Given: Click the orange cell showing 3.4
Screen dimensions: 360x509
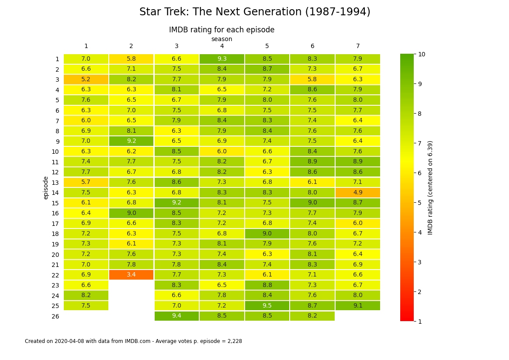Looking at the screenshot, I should click(x=131, y=275).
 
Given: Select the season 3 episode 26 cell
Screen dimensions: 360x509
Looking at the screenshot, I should click(x=177, y=316).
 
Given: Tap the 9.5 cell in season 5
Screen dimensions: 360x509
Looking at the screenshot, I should click(x=267, y=306).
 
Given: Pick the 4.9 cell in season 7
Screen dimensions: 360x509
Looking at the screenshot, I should click(x=358, y=193).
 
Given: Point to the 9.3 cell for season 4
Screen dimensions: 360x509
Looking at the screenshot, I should click(x=222, y=59).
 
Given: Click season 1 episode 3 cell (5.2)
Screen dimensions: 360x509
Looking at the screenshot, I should click(x=86, y=80).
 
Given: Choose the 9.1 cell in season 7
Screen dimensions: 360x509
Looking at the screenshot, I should click(x=358, y=306).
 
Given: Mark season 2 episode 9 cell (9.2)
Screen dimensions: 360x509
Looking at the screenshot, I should click(x=131, y=141).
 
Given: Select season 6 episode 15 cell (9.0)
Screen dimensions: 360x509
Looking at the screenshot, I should click(x=312, y=203).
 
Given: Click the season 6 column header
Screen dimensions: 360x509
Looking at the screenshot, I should click(x=312, y=46).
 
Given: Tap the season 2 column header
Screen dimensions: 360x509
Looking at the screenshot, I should click(x=131, y=46).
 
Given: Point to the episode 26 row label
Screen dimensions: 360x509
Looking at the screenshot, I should click(x=55, y=316).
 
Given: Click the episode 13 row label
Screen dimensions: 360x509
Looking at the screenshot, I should click(x=55, y=183).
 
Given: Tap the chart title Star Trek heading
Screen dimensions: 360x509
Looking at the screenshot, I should click(x=255, y=12).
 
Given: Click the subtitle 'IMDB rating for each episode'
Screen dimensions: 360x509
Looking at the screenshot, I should click(x=222, y=30).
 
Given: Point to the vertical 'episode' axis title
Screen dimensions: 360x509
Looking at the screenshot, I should click(x=46, y=188).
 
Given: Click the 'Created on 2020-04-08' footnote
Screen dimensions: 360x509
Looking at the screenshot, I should click(x=133, y=341).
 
